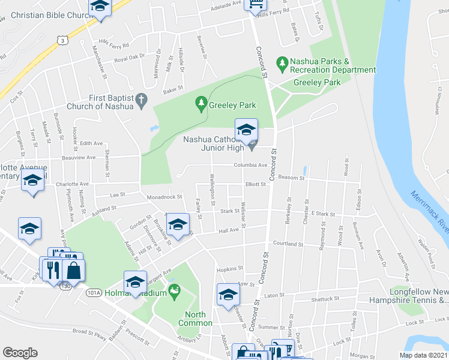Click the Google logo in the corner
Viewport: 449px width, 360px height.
coord(20,353)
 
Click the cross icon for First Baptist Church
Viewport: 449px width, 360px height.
coord(142,101)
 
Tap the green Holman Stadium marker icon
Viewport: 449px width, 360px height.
coord(175,293)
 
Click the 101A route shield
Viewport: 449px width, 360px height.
coord(94,293)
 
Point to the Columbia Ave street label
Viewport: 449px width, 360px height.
coord(250,166)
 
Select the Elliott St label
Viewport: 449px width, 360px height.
coord(255,185)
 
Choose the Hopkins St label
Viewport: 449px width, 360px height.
coord(229,269)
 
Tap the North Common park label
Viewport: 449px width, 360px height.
coord(195,319)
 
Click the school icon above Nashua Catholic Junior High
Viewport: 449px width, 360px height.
coord(246,130)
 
